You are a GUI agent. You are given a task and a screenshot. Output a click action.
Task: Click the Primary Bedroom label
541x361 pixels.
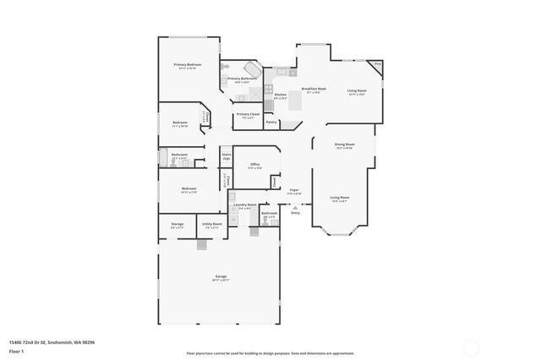[187, 65]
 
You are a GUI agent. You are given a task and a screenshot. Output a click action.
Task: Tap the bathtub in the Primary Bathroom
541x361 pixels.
[252, 68]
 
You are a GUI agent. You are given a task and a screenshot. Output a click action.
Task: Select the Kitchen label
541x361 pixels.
[280, 95]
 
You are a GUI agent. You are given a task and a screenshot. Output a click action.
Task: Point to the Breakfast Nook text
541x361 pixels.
[314, 89]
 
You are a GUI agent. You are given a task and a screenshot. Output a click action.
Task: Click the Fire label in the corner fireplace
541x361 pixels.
[378, 64]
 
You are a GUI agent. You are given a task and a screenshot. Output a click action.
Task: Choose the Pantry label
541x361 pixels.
[271, 123]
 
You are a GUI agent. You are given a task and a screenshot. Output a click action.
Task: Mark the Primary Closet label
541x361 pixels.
[248, 114]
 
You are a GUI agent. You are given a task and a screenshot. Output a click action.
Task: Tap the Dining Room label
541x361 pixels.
[344, 145]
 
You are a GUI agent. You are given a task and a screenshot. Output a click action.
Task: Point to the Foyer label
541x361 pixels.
[294, 190]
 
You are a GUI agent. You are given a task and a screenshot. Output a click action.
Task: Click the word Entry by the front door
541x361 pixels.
[295, 212]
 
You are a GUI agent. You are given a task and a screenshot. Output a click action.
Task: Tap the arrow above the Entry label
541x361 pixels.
[295, 205]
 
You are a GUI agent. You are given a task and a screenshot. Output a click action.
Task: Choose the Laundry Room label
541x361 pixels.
[246, 205]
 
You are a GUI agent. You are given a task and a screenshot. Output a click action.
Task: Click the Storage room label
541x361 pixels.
[178, 224]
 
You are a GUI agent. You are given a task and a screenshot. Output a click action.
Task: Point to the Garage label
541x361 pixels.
[220, 277]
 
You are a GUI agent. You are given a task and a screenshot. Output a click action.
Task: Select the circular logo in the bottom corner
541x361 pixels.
[471, 346]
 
